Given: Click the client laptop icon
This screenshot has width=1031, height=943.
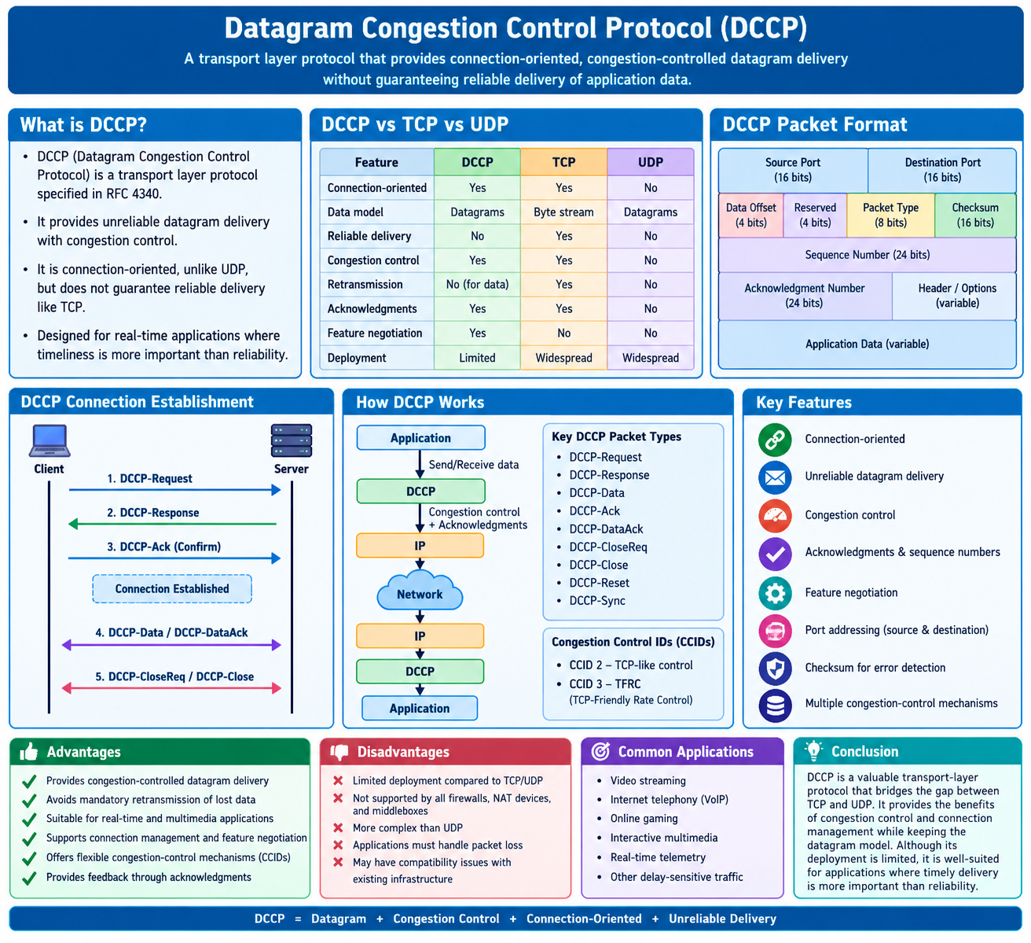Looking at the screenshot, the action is [50, 440].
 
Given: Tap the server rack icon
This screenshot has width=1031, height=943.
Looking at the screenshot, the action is [292, 440].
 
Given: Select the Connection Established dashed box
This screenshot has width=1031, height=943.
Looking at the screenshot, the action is [172, 588].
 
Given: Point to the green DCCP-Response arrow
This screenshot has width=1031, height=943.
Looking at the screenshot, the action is [172, 524].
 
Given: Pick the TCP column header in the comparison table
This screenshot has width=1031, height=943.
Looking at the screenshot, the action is [563, 162].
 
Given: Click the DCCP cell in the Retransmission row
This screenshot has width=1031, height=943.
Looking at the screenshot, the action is [477, 285].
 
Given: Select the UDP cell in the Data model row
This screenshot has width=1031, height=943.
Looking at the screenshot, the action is [650, 212].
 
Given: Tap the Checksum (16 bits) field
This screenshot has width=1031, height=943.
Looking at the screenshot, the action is [975, 215].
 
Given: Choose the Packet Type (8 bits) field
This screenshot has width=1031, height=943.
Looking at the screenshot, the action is [890, 215].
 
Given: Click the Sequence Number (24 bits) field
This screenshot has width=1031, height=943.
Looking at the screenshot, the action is [867, 255].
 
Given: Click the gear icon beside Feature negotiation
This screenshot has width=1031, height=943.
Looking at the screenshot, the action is [775, 593].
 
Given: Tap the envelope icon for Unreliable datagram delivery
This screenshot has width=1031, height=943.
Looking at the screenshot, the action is [775, 477].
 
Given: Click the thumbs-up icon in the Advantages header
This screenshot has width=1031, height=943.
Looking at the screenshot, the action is [29, 752].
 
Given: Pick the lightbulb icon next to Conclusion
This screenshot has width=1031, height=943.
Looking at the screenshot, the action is [813, 750].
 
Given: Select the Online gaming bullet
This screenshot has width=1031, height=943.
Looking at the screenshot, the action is [644, 819].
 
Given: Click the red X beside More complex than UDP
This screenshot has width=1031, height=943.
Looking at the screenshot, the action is [338, 827].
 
